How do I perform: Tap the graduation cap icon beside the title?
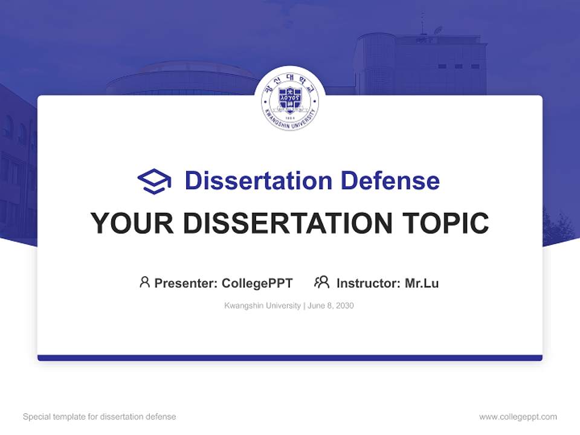point(154,181)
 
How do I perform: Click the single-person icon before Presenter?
point(144,282)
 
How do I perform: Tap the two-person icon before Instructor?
point(321,282)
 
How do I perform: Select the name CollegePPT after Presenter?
point(257,283)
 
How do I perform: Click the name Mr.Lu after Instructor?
point(422,283)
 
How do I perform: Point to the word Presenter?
point(186,283)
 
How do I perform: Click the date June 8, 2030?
point(330,306)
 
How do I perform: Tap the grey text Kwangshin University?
point(262,306)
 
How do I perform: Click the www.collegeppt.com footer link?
point(518,417)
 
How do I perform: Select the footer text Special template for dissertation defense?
point(100,417)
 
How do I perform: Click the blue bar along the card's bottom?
point(290,358)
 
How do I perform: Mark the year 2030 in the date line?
point(344,306)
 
